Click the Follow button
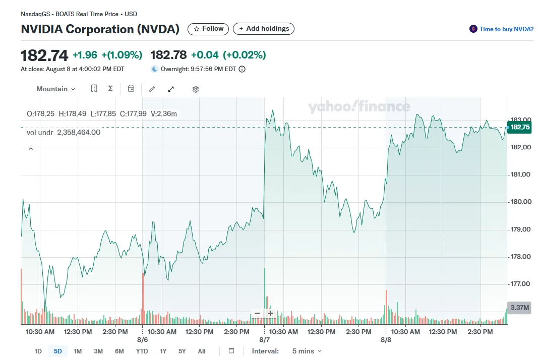point(208,29)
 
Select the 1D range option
point(38,351)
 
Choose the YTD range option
point(142,351)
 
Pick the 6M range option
point(119,351)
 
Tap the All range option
point(202,351)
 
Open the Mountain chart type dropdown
point(55,89)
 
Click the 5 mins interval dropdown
point(307,351)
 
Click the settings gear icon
point(196,89)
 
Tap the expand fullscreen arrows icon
point(171,89)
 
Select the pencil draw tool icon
point(152,89)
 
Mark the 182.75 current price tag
point(520,127)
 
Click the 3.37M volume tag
point(519,308)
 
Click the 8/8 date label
point(386,340)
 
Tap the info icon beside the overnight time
point(242,69)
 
